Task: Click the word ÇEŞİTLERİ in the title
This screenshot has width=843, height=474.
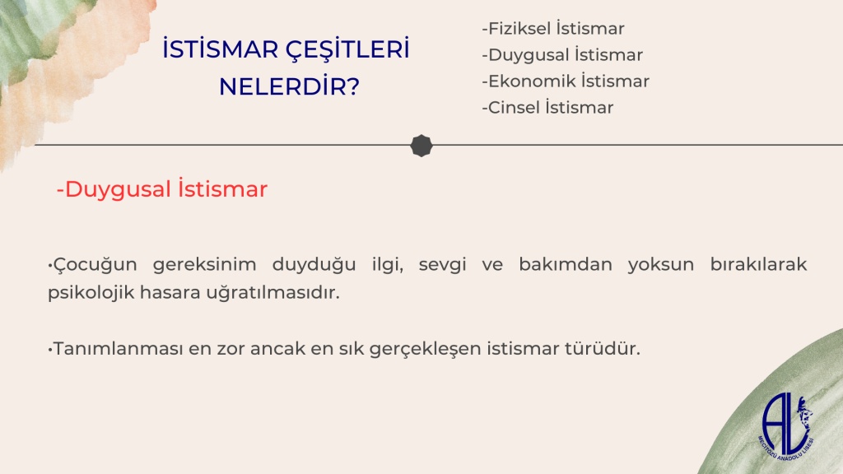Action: pyautogui.click(x=347, y=49)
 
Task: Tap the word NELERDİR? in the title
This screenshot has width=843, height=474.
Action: pyautogui.click(x=289, y=86)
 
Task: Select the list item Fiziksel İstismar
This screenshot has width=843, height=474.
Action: pyautogui.click(x=553, y=28)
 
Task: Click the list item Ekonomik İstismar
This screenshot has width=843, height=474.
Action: pyautogui.click(x=566, y=81)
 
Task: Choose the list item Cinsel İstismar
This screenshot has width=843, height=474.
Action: pyautogui.click(x=547, y=107)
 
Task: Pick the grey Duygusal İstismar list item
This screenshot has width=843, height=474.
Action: pyautogui.click(x=562, y=54)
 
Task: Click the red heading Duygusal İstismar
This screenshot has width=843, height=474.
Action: pyautogui.click(x=162, y=189)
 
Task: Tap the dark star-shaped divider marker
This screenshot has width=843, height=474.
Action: pyautogui.click(x=421, y=146)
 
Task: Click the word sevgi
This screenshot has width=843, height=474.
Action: pyautogui.click(x=442, y=264)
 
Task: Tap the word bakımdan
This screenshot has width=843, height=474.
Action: pyautogui.click(x=566, y=264)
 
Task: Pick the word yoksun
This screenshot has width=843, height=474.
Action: pyautogui.click(x=661, y=264)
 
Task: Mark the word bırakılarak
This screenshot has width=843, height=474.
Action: pyautogui.click(x=758, y=264)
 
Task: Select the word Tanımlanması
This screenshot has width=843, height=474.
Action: pyautogui.click(x=119, y=348)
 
